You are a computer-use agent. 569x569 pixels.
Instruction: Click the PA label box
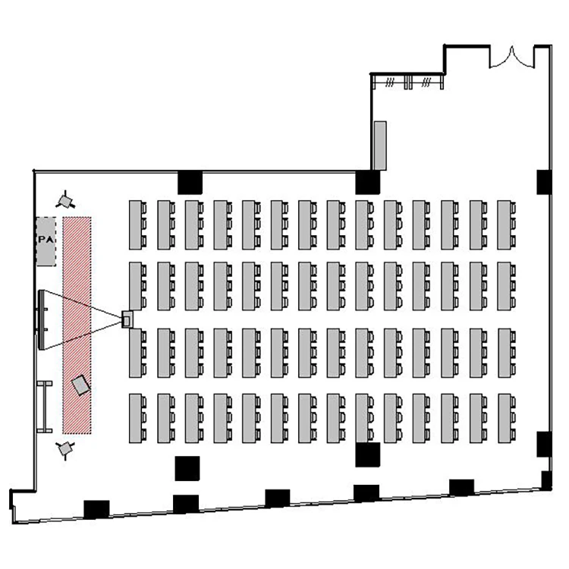pos(46,241)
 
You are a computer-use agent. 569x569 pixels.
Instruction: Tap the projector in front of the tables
pos(127,319)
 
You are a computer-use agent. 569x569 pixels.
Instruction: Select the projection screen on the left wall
pos(42,319)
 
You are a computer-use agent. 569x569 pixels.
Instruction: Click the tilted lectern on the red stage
pos(80,385)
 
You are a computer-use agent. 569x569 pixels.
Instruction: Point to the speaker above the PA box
pos(65,200)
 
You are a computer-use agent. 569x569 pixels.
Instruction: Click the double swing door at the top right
pos(512,58)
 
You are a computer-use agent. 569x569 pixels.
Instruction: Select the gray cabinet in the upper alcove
pos(380,146)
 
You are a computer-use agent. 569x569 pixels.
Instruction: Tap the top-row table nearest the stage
pos(138,225)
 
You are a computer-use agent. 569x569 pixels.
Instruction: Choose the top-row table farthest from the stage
pos(507,225)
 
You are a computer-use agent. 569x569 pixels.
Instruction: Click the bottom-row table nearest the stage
pos(138,418)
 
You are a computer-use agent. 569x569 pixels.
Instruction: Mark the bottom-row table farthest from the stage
pos(507,418)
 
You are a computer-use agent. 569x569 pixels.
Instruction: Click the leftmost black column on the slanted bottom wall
pos(96,509)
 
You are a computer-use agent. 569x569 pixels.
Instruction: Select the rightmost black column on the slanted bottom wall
pos(461,487)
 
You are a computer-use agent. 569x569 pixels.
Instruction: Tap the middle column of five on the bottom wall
pos(278,498)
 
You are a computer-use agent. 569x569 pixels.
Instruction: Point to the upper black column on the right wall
pos(544,182)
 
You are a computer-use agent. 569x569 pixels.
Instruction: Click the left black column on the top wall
pos(190,182)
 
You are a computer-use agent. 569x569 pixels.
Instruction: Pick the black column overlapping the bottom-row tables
pos(368,454)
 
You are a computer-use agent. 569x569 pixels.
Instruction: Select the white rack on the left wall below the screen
pos(45,407)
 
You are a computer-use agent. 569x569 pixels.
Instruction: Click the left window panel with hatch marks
pos(390,82)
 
